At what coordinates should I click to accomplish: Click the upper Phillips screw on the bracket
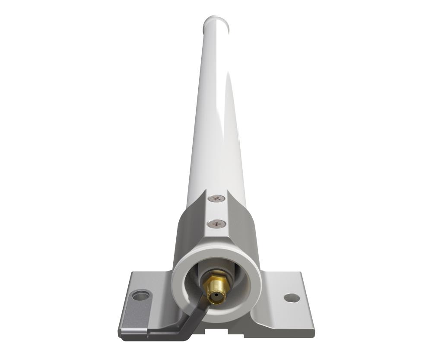pos(216,198)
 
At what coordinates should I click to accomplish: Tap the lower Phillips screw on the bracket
pos(216,224)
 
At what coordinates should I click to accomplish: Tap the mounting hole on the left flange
pos(140,296)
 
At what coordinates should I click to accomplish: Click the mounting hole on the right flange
pos(292,298)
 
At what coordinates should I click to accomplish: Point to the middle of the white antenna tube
pos(216,108)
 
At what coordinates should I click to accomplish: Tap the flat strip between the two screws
pos(216,211)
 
